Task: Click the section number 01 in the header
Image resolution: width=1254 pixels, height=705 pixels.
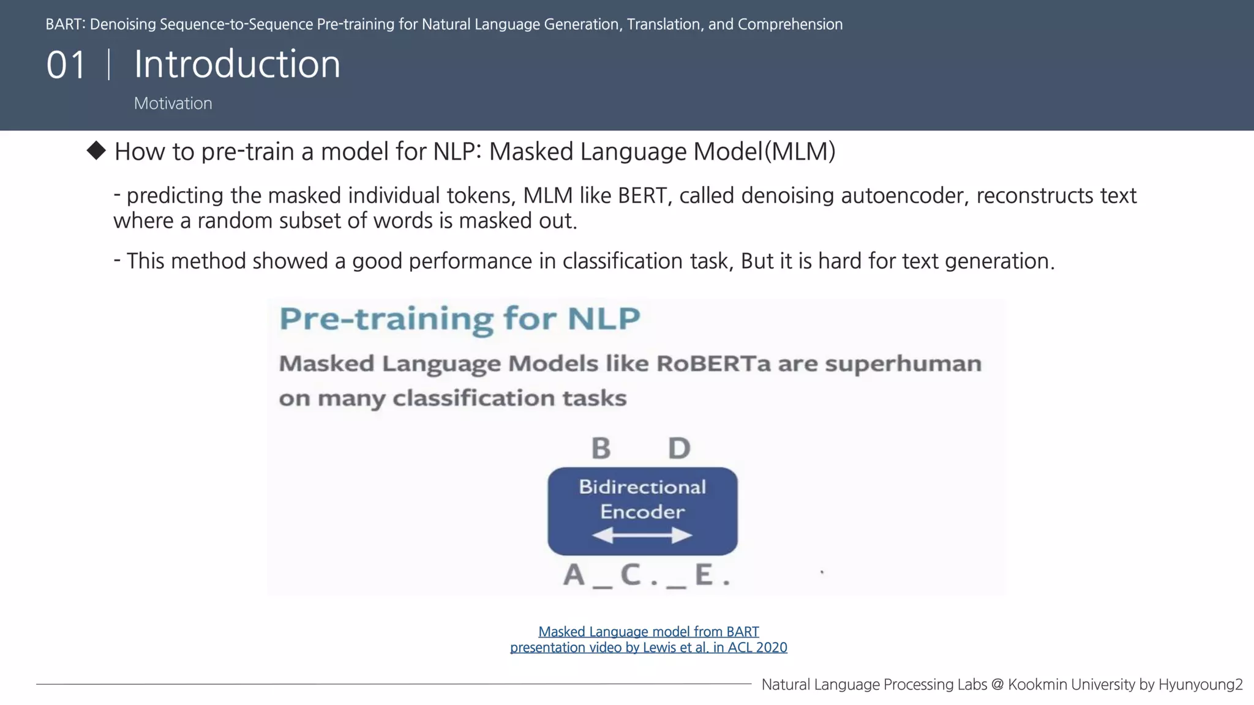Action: click(66, 65)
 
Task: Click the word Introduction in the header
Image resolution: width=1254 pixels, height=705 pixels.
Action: click(237, 64)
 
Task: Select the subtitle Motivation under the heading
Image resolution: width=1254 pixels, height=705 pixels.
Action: click(173, 103)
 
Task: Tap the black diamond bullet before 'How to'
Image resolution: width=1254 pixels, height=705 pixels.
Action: click(96, 151)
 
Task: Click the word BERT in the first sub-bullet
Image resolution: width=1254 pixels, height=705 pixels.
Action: click(642, 196)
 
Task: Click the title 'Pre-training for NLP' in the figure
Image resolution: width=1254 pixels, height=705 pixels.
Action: click(459, 319)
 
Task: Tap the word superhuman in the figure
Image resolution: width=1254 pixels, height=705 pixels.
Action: click(903, 364)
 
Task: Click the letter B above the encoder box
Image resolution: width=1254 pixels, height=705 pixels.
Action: click(601, 448)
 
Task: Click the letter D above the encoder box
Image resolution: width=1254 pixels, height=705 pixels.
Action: click(679, 448)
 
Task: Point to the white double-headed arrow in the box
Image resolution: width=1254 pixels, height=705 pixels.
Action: click(642, 536)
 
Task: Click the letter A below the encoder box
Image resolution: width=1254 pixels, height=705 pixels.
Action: click(574, 575)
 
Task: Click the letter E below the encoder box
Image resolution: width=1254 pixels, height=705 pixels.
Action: click(704, 575)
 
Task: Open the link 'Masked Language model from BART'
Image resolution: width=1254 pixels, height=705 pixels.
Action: click(648, 632)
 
